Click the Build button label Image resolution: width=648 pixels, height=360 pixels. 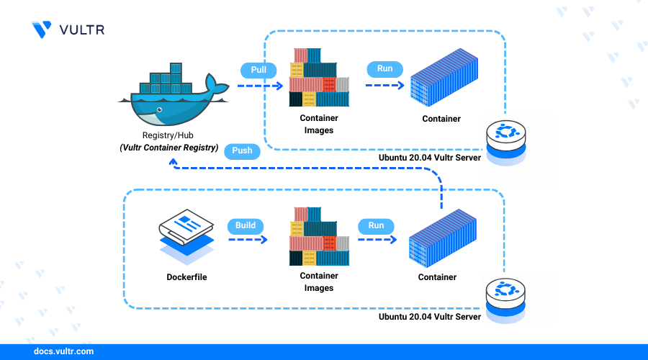(x=246, y=225)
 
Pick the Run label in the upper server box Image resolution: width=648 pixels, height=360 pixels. (x=384, y=69)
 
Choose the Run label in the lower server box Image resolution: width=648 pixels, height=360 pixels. (x=376, y=225)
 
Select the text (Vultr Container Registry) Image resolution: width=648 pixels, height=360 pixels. (x=169, y=148)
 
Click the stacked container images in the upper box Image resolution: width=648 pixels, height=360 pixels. (x=318, y=78)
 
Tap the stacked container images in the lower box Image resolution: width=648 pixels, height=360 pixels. (x=318, y=236)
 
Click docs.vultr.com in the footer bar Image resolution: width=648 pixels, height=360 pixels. (x=64, y=352)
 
